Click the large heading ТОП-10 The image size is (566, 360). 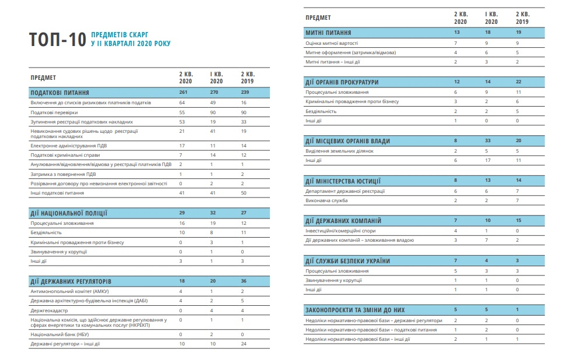pyautogui.click(x=58, y=39)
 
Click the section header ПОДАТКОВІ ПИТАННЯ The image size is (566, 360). pyautogui.click(x=60, y=93)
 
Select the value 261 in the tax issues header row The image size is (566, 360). pyautogui.click(x=184, y=93)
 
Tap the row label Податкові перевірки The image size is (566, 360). pyautogui.click(x=54, y=112)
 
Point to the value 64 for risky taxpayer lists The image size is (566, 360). pyautogui.click(x=182, y=103)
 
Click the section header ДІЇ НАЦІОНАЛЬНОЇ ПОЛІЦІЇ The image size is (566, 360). pyautogui.click(x=69, y=213)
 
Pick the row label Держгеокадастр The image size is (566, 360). pyautogui.click(x=49, y=310)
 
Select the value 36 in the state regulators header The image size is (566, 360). pyautogui.click(x=244, y=281)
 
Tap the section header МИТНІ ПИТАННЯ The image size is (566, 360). pyautogui.click(x=328, y=33)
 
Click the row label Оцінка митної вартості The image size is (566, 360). pyautogui.click(x=332, y=43)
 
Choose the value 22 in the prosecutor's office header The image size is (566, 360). pyautogui.click(x=519, y=82)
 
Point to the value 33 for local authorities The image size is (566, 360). pyautogui.click(x=488, y=141)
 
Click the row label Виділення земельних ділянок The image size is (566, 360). pyautogui.click(x=340, y=151)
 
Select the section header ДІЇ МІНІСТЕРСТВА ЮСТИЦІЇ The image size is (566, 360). pyautogui.click(x=343, y=181)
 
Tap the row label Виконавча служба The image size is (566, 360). pyautogui.click(x=326, y=200)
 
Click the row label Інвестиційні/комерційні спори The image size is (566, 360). pyautogui.click(x=340, y=231)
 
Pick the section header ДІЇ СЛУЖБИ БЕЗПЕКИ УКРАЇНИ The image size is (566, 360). pyautogui.click(x=347, y=261)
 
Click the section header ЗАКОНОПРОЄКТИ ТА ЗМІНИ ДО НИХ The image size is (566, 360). pyautogui.click(x=355, y=310)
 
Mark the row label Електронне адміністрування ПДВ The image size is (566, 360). pyautogui.click(x=69, y=146)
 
